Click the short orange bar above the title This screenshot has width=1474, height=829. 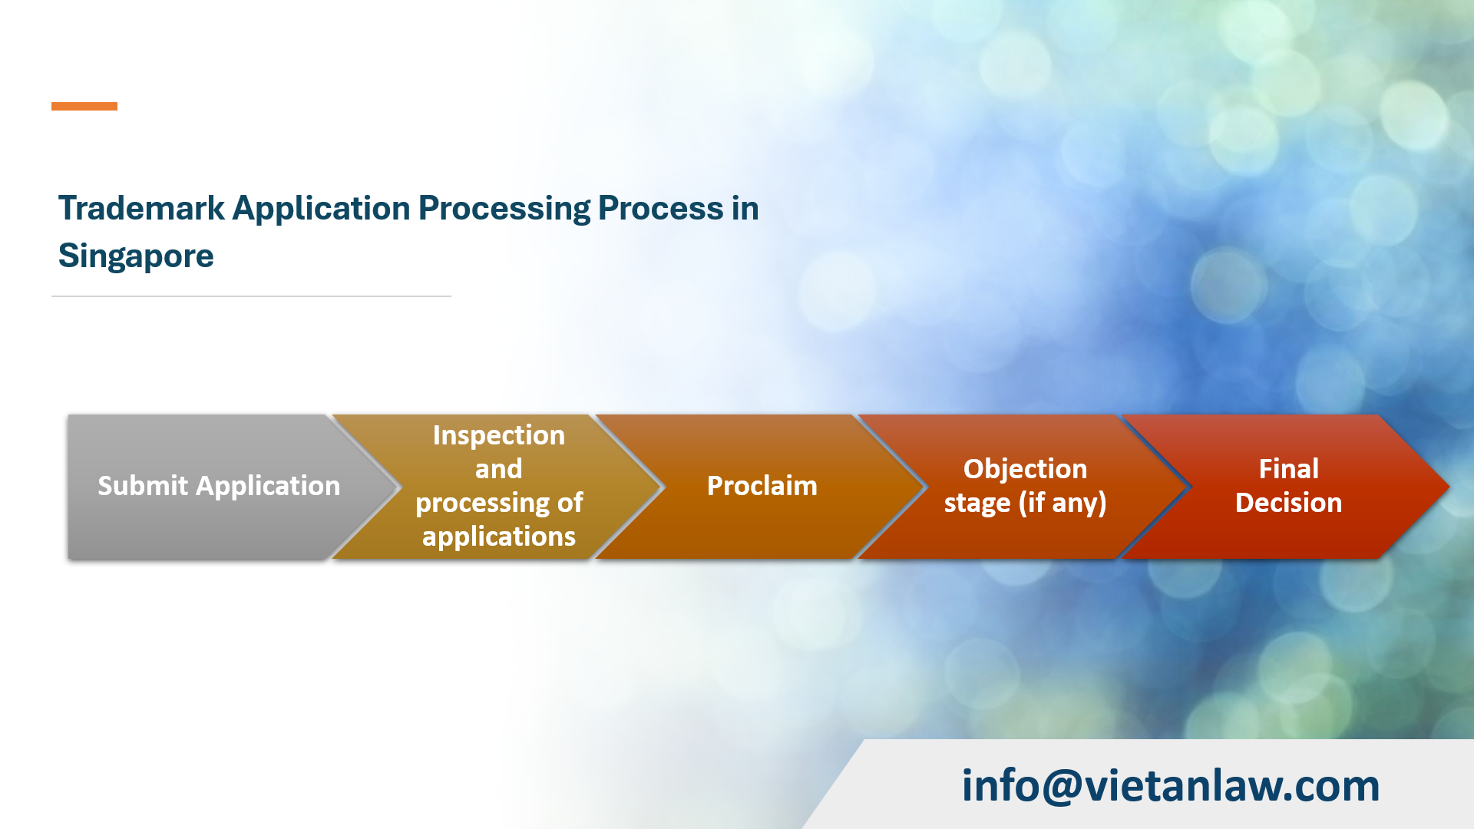coord(84,106)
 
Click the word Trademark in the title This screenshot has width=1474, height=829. coord(141,208)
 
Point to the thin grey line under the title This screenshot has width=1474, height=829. coord(251,296)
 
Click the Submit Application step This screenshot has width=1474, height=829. coord(219,486)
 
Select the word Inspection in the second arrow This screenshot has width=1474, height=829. coord(499,435)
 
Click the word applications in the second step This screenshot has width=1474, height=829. coord(499,537)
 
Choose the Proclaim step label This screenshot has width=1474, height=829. coord(762,486)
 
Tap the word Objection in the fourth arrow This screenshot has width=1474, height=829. coord(1026,469)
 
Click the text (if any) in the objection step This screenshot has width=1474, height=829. coord(1063,503)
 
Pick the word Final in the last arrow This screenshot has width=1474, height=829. coord(1289,469)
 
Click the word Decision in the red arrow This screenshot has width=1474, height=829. coord(1289,503)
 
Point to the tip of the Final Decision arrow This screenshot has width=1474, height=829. coord(1449,486)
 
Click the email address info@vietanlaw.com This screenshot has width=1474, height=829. coord(1171,785)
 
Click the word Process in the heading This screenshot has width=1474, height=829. coord(661,208)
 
